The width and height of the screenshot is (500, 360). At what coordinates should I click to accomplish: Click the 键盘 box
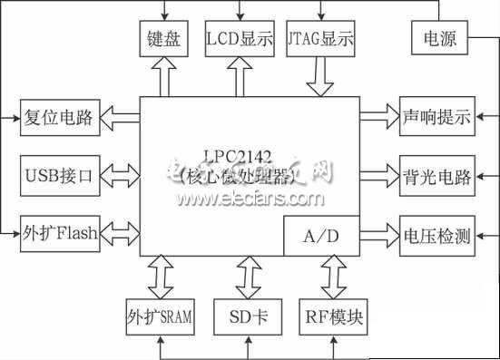coord(165,41)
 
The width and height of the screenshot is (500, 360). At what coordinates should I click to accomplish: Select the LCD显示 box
coord(240,41)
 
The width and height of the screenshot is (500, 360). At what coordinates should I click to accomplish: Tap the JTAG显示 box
coord(319,41)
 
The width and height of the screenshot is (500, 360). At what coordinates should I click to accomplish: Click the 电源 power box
coord(439,41)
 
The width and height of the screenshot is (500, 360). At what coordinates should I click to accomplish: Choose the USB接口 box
coord(60,174)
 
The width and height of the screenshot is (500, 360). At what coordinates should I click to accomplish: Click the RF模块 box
coord(332,317)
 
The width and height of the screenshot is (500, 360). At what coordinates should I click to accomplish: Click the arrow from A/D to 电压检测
coord(374,237)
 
